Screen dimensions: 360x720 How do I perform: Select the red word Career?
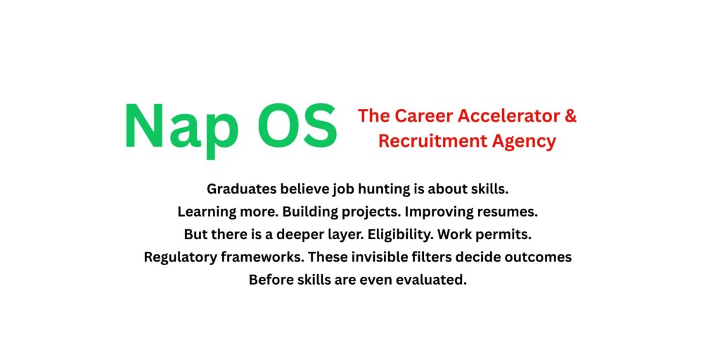pyautogui.click(x=423, y=116)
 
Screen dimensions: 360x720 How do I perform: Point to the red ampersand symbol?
pyautogui.click(x=570, y=116)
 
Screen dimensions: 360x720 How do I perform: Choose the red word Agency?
pyautogui.click(x=523, y=141)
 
